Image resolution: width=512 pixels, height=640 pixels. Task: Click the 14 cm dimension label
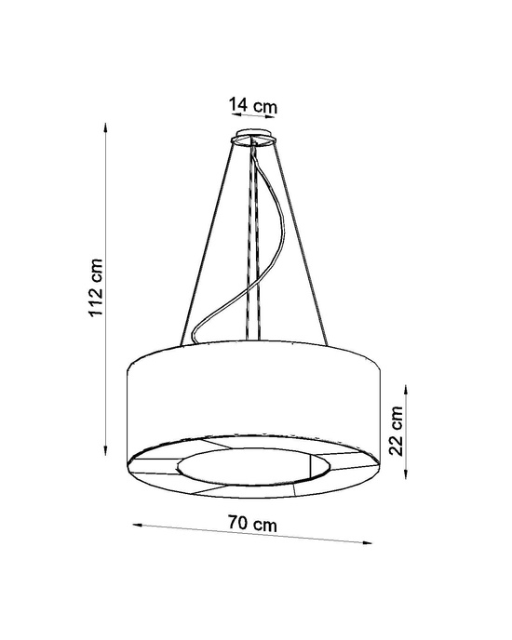[252, 106]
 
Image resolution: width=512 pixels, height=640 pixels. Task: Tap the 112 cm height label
[97, 287]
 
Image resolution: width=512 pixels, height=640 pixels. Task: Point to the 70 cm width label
[252, 526]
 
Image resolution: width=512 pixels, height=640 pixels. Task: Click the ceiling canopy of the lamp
[252, 140]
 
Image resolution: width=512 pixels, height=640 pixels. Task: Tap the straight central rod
[255, 242]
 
